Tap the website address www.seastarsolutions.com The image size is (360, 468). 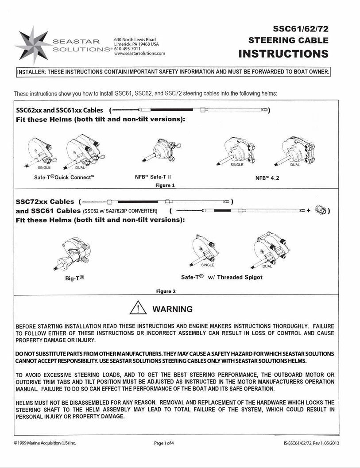click(139, 54)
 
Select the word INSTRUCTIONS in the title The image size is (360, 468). click(283, 54)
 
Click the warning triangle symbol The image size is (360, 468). click(138, 308)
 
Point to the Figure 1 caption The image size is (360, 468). click(165, 186)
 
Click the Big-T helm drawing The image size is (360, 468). click(73, 253)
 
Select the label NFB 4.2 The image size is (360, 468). click(267, 178)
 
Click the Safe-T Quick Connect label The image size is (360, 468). click(64, 177)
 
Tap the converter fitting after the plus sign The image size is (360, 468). click(321, 211)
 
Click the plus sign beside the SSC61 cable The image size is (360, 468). click(309, 210)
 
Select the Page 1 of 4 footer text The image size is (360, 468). click(164, 443)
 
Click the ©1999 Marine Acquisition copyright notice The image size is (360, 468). click(45, 443)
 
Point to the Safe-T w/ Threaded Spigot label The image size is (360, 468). click(222, 277)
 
